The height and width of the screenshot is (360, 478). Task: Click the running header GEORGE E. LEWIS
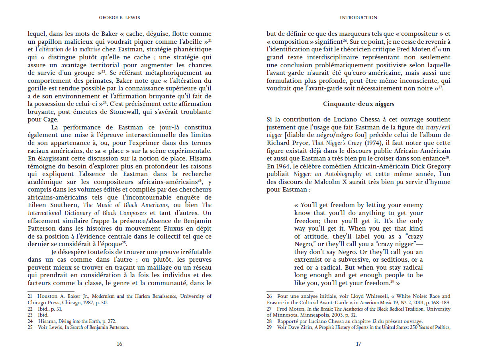point(119,18)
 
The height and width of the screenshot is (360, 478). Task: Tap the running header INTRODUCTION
point(358,18)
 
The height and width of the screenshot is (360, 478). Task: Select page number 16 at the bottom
point(119,344)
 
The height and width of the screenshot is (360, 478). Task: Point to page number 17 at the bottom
point(358,344)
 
